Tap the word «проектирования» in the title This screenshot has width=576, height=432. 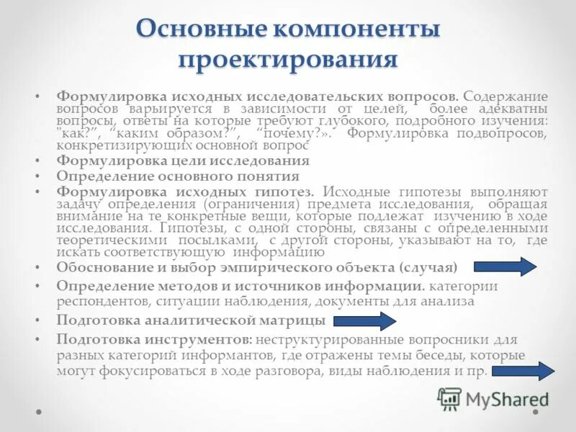pyautogui.click(x=287, y=58)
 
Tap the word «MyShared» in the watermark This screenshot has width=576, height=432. pyautogui.click(x=506, y=400)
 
